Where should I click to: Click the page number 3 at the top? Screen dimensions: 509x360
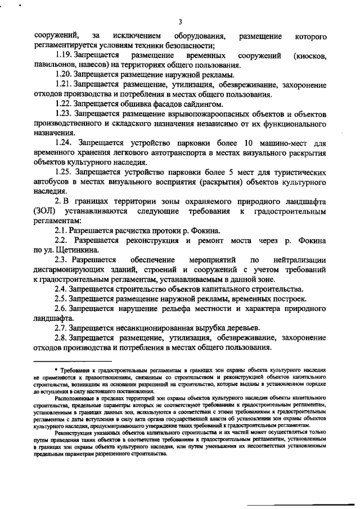[x=179, y=21]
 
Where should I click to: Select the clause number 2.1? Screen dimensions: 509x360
[x=62, y=231]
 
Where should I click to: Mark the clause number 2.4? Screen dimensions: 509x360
[x=62, y=289]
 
